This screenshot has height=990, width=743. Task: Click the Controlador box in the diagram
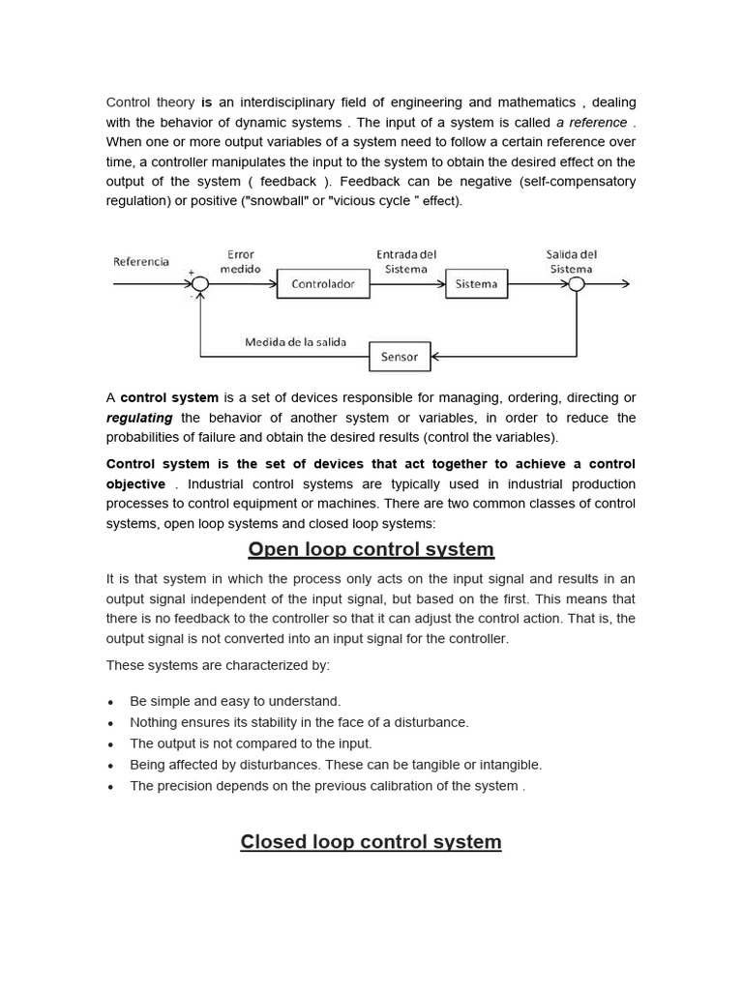coord(323,284)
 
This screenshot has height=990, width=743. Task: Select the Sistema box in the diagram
coord(476,284)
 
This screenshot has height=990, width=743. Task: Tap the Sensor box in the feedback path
coord(399,357)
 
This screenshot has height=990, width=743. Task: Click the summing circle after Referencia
coord(199,284)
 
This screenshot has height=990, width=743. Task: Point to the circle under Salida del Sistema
coord(577,284)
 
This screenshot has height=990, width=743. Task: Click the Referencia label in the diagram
coord(141,261)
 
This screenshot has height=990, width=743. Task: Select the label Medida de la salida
coord(295,342)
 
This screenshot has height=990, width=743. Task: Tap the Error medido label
coord(240,262)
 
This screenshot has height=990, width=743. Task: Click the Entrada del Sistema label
coord(406,262)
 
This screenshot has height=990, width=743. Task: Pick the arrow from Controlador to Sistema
coord(406,284)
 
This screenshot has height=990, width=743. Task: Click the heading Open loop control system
coord(371,549)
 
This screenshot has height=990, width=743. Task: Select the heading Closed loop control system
coord(371,841)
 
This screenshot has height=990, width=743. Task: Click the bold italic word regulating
coord(139,418)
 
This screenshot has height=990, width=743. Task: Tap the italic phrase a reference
coord(591,123)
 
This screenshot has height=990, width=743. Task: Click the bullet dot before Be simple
coord(111,702)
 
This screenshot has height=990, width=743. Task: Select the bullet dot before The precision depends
coord(111,787)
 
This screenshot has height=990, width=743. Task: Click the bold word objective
coord(135,483)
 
